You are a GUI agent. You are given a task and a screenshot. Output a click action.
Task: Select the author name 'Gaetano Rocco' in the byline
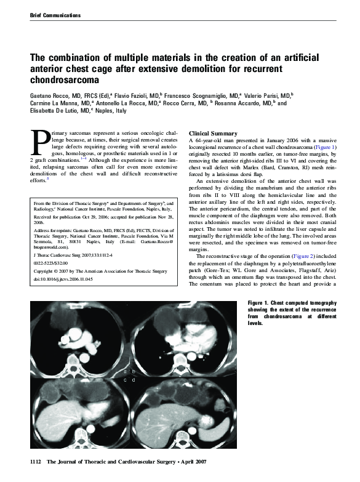(x=49, y=96)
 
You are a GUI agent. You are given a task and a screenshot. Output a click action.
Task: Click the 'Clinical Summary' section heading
(x=213, y=134)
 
